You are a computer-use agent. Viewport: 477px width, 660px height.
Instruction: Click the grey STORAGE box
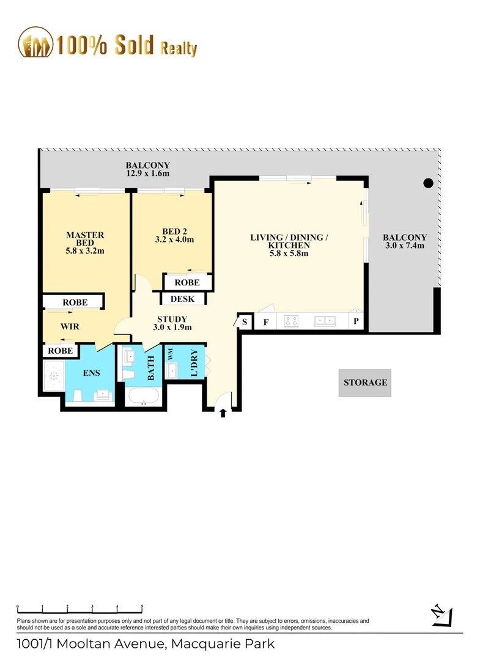[365, 383]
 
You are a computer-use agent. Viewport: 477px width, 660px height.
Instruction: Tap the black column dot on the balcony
[429, 182]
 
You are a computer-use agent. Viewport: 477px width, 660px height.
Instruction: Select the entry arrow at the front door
[223, 414]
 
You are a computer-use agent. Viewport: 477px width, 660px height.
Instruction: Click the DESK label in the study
[182, 299]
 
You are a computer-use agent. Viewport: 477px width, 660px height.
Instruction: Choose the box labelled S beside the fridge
[245, 321]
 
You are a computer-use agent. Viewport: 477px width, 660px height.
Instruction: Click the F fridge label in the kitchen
[265, 321]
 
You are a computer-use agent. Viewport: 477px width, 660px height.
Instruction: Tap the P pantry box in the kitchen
[357, 321]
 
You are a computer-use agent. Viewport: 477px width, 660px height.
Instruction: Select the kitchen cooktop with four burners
[290, 321]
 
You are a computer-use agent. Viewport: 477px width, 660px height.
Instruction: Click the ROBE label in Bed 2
[187, 282]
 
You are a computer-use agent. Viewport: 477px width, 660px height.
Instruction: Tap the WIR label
[70, 326]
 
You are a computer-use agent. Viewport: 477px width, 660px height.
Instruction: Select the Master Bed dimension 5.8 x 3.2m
[85, 251]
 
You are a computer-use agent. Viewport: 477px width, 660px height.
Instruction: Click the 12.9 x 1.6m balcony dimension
[147, 174]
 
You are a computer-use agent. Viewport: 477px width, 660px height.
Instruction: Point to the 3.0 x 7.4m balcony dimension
[405, 246]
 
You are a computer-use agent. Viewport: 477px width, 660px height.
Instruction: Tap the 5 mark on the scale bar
[142, 607]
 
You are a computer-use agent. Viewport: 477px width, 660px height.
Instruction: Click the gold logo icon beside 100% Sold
[35, 43]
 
